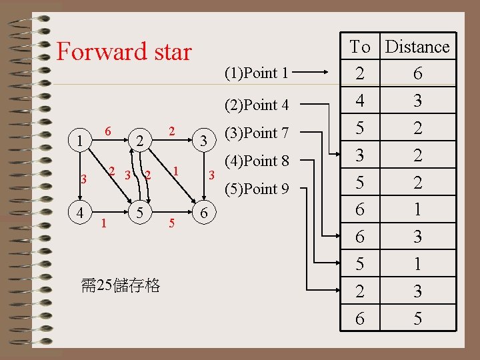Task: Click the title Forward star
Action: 124,52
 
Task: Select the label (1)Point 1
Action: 257,73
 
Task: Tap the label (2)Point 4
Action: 257,105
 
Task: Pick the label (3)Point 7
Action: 257,133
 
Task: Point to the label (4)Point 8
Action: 257,161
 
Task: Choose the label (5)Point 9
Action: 257,189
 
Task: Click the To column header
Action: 360,47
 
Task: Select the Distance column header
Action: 417,47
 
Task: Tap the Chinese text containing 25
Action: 120,286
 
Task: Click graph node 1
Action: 80,141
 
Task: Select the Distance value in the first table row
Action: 417,74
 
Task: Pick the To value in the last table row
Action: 360,319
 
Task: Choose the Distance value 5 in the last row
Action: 417,319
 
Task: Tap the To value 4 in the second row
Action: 360,101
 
